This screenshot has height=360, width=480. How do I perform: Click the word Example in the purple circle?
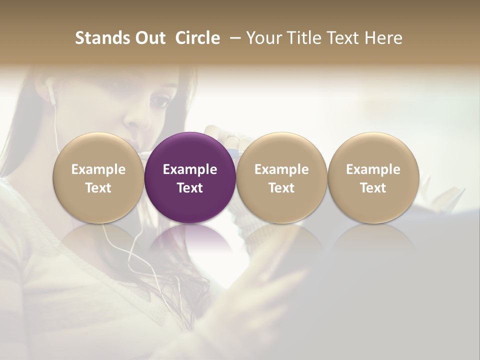[190, 169]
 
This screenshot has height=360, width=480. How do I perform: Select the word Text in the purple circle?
[190, 188]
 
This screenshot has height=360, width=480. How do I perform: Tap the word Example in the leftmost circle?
[98, 169]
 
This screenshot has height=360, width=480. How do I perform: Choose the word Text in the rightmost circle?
[373, 188]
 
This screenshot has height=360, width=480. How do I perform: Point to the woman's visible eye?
[160, 101]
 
